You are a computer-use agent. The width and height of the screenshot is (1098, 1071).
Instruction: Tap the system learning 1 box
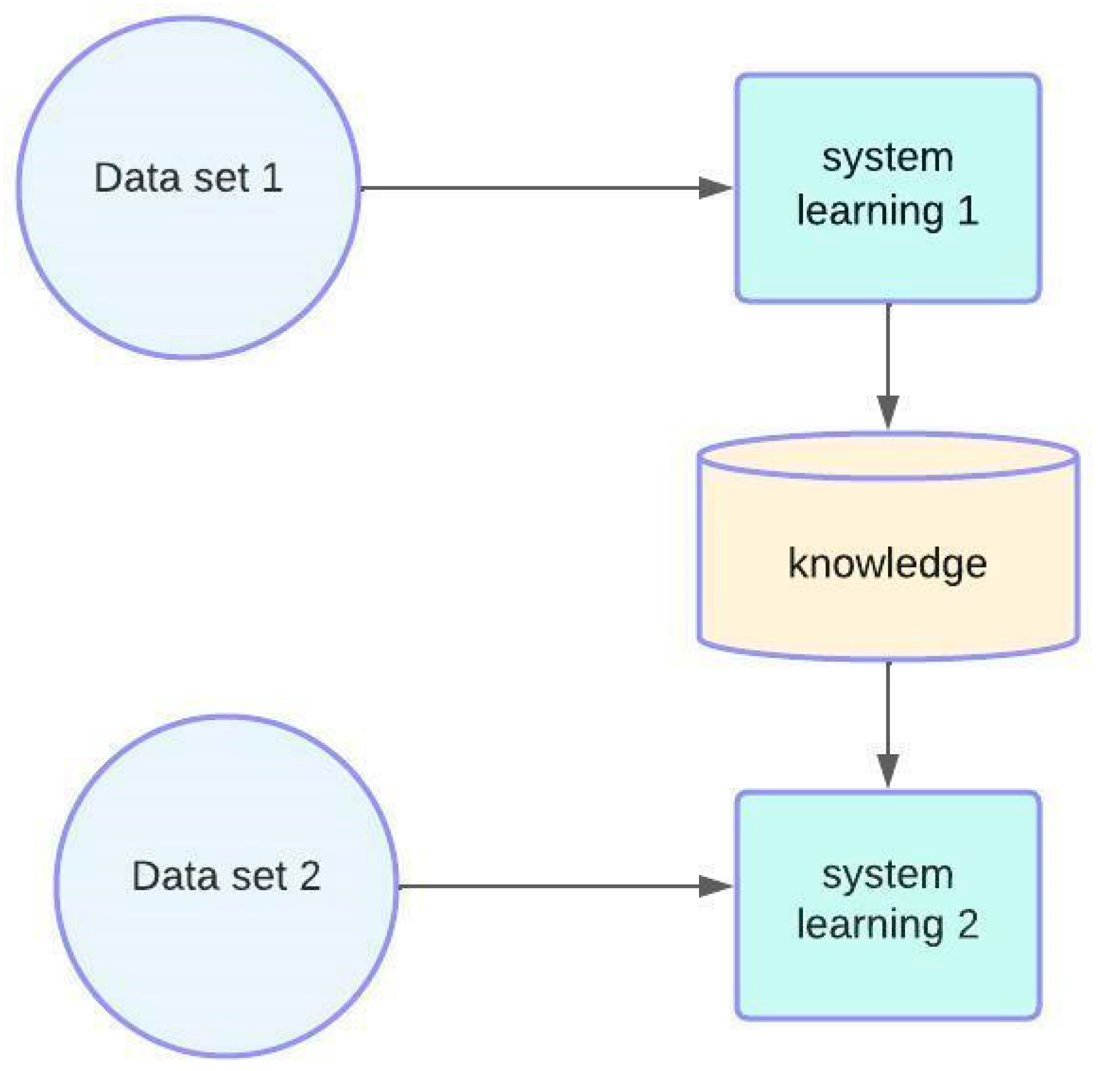887,265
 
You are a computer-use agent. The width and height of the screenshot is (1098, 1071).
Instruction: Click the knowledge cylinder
887,617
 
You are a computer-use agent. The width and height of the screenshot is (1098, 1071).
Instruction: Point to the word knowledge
887,563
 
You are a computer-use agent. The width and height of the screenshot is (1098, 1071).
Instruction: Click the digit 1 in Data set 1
272,178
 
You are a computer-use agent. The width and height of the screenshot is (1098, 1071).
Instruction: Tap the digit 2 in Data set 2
309,876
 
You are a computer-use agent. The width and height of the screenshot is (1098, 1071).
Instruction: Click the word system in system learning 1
887,157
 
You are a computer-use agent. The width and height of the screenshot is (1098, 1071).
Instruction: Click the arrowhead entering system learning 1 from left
715,188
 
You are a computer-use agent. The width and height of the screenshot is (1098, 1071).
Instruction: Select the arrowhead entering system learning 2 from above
887,770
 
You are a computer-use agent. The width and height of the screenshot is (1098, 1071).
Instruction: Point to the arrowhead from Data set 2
715,886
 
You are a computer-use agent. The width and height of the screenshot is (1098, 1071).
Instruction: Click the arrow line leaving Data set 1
529,188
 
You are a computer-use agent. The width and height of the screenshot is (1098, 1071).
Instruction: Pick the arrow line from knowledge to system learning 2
887,706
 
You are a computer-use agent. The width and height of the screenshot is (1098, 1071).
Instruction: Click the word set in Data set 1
221,178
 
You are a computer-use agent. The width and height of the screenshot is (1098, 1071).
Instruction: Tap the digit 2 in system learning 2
968,925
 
